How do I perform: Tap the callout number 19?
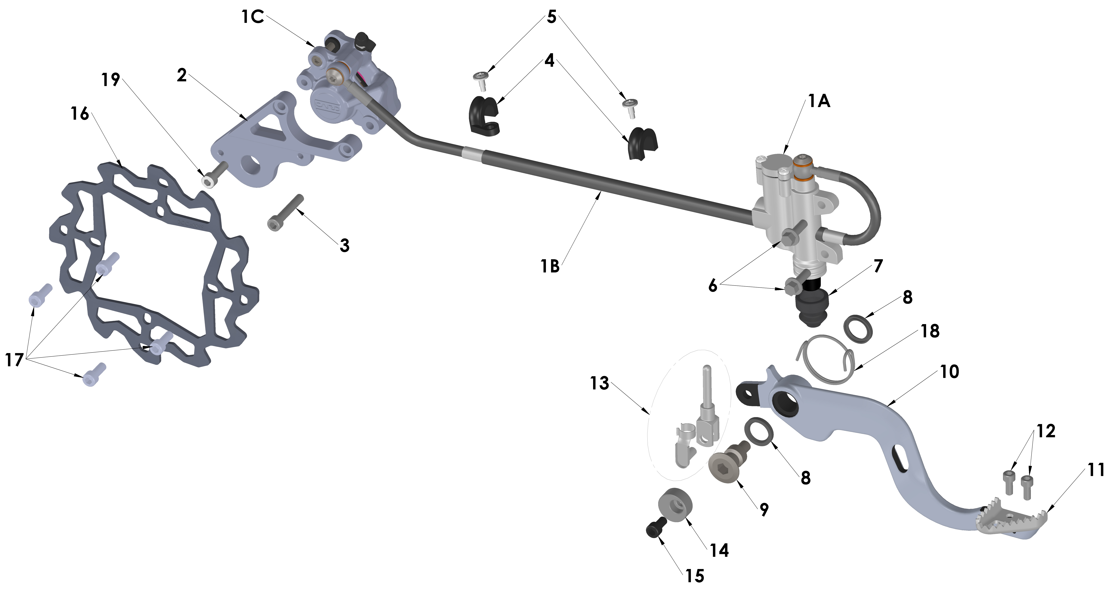pos(111,80)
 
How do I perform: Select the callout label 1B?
pos(550,266)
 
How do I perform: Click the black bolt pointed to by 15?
pos(655,528)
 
